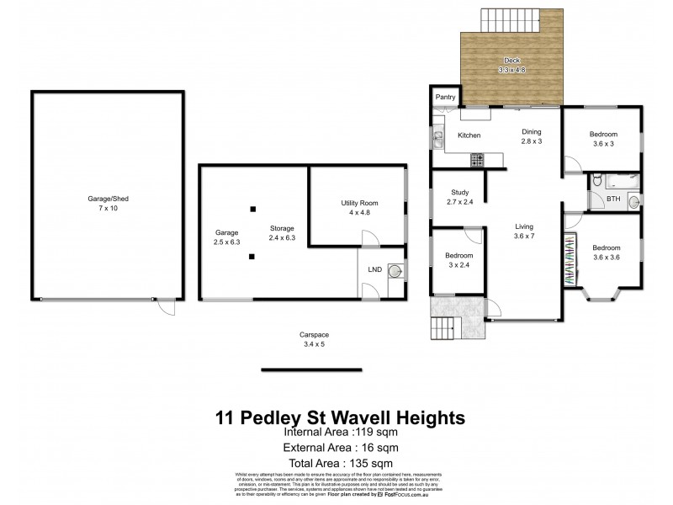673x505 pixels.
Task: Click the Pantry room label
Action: [446, 98]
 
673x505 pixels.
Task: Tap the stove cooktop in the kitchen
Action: [476, 158]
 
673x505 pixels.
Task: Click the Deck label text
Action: [511, 61]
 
